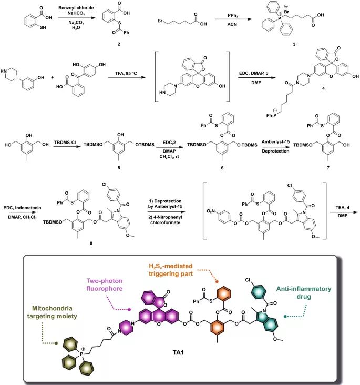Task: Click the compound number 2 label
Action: pos(119,44)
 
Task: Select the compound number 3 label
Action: pos(294,44)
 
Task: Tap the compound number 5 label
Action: pos(119,168)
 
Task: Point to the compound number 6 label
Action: pos(222,168)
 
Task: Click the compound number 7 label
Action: pos(328,168)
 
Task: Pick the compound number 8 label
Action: pos(91,244)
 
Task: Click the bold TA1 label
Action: pos(178,352)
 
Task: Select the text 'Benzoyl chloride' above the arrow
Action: pos(76,8)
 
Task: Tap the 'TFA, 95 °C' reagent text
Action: pos(126,73)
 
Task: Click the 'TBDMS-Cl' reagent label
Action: pos(65,142)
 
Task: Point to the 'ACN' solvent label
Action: pos(232,24)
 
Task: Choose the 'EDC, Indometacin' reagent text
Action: pos(22,208)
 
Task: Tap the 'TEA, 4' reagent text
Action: pos(343,208)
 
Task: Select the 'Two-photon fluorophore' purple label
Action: pos(105,285)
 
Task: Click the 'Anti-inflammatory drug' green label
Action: pos(304,292)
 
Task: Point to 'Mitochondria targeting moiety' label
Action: pos(52,312)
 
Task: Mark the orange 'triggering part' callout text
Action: pos(171,273)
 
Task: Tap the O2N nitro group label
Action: pos(211,211)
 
